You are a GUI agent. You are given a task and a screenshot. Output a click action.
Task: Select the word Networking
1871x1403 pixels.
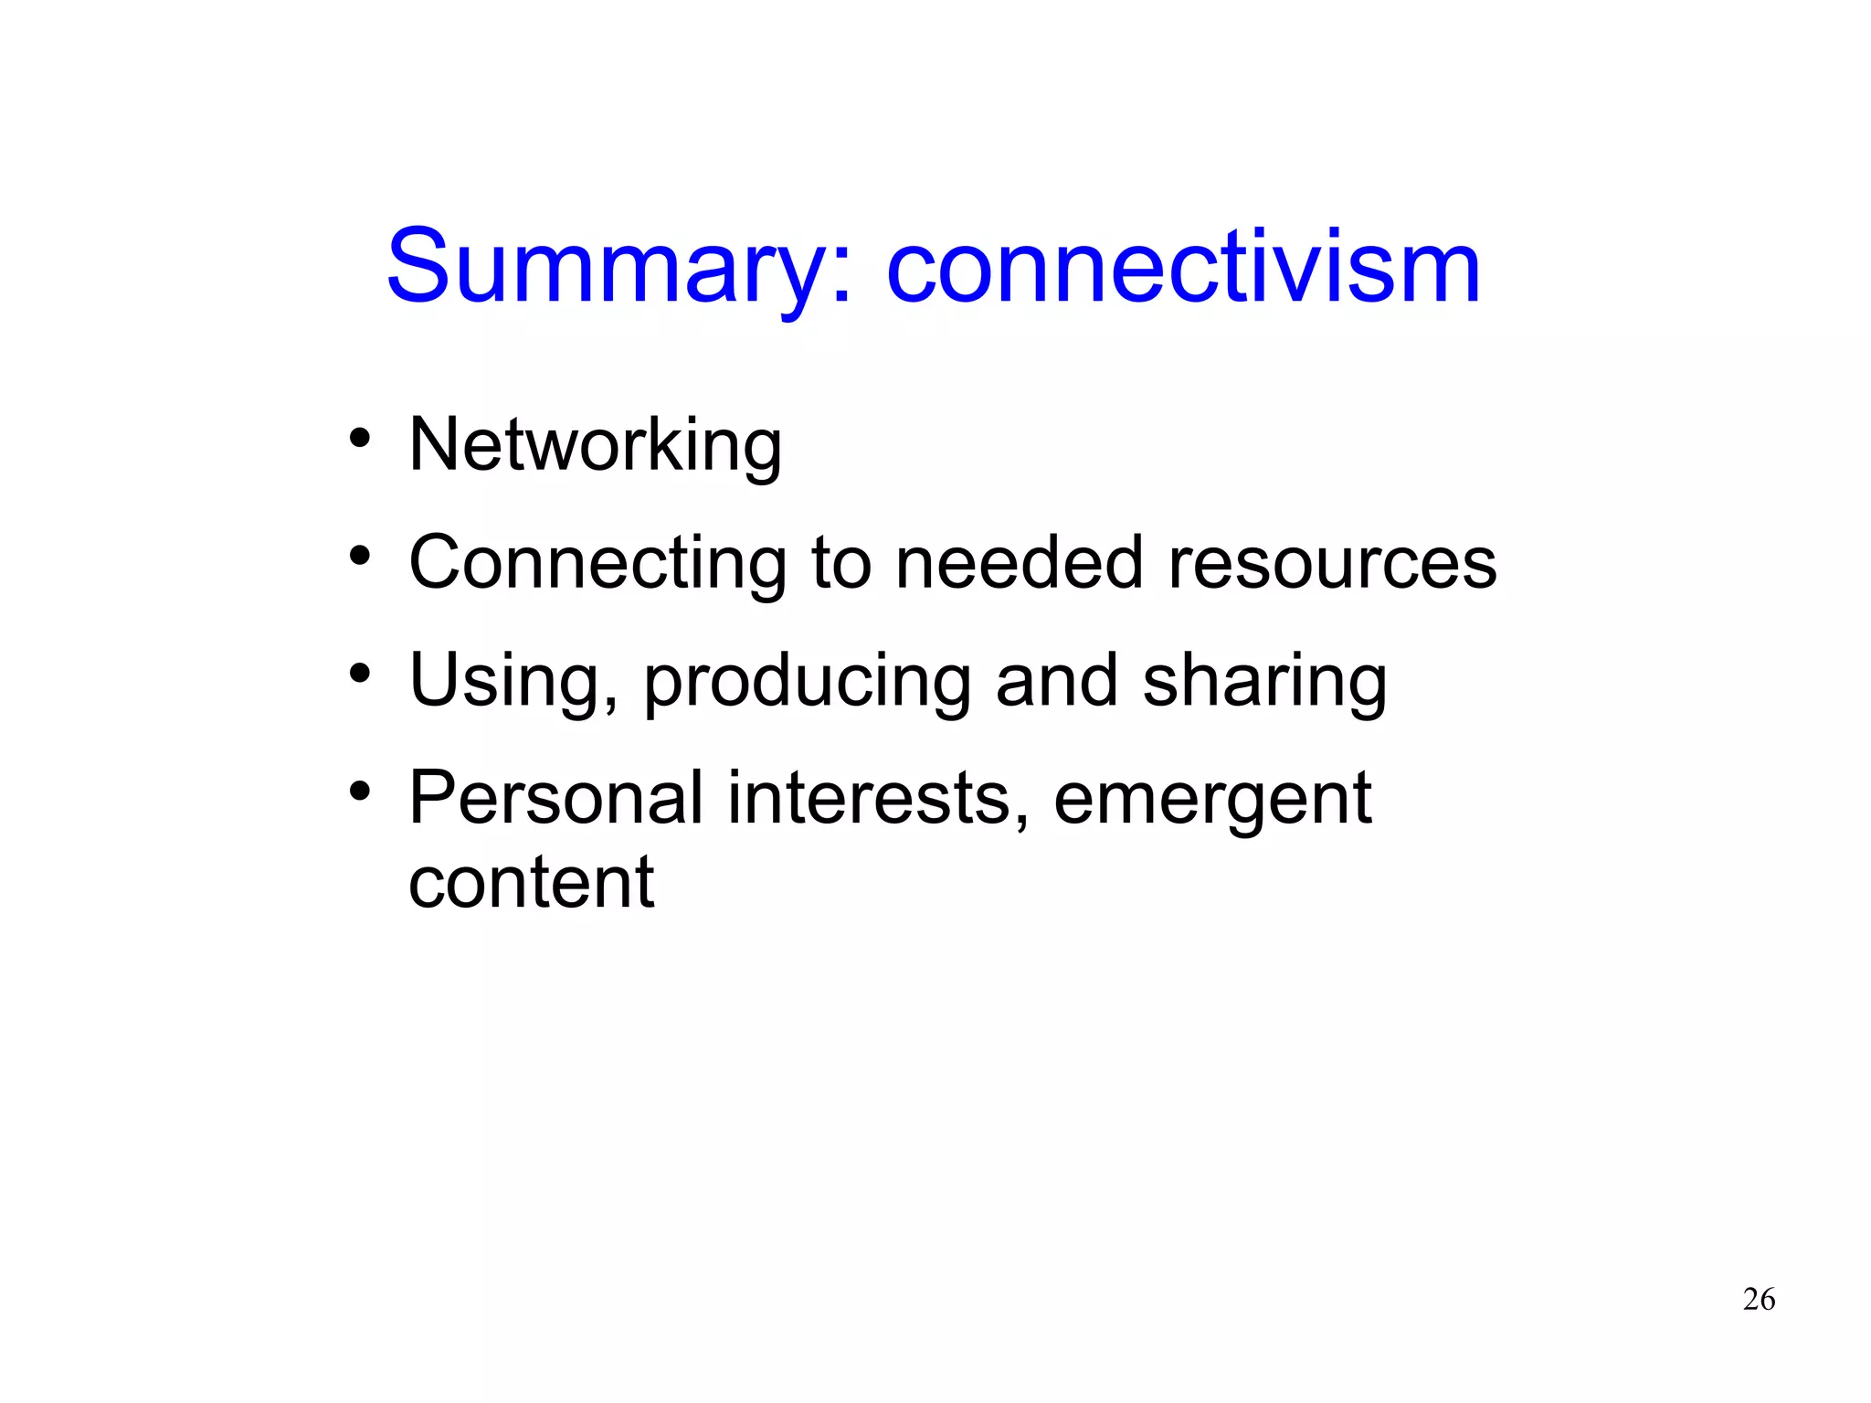click(x=595, y=445)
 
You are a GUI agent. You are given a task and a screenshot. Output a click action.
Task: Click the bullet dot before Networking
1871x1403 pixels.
click(x=360, y=438)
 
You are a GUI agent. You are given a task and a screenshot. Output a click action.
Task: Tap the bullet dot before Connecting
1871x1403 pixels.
click(x=360, y=555)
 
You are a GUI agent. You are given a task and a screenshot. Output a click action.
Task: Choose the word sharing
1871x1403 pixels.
click(x=1264, y=681)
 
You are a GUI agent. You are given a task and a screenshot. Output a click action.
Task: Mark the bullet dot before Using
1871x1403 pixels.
click(x=360, y=673)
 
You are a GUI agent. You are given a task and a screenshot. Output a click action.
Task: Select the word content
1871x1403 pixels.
click(x=531, y=882)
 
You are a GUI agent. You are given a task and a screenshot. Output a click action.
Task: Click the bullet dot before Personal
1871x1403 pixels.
click(x=360, y=791)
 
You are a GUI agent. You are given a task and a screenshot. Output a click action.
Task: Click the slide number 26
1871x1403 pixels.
click(x=1759, y=1299)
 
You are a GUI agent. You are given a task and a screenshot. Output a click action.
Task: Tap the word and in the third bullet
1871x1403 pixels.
click(x=1057, y=681)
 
